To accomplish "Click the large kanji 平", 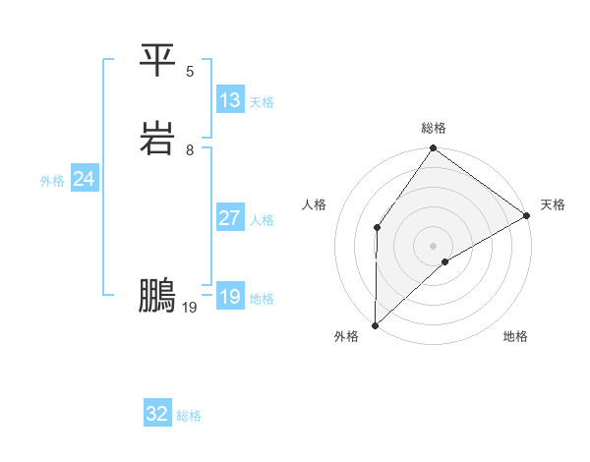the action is click(157, 61).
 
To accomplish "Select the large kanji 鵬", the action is click(157, 296).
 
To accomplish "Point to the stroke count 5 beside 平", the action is click(190, 72).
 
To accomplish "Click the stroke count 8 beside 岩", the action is click(190, 150).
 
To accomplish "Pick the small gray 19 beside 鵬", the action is click(190, 308).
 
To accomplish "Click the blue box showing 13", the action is click(230, 100).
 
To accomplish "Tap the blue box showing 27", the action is click(230, 218).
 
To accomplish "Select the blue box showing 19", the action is click(230, 297).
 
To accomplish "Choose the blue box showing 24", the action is click(85, 179).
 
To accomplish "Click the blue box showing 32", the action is click(157, 414).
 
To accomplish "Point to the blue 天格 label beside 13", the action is click(262, 102).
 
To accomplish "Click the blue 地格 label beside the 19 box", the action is click(262, 299).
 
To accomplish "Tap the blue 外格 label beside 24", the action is click(52, 181).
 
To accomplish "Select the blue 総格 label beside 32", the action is click(189, 416).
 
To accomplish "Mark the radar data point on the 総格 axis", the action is click(433, 149).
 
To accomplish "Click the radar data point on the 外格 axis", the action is click(376, 324).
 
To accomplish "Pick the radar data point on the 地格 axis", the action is click(445, 261).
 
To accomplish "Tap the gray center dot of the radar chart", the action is click(433, 245).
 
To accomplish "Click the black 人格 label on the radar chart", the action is click(315, 204).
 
